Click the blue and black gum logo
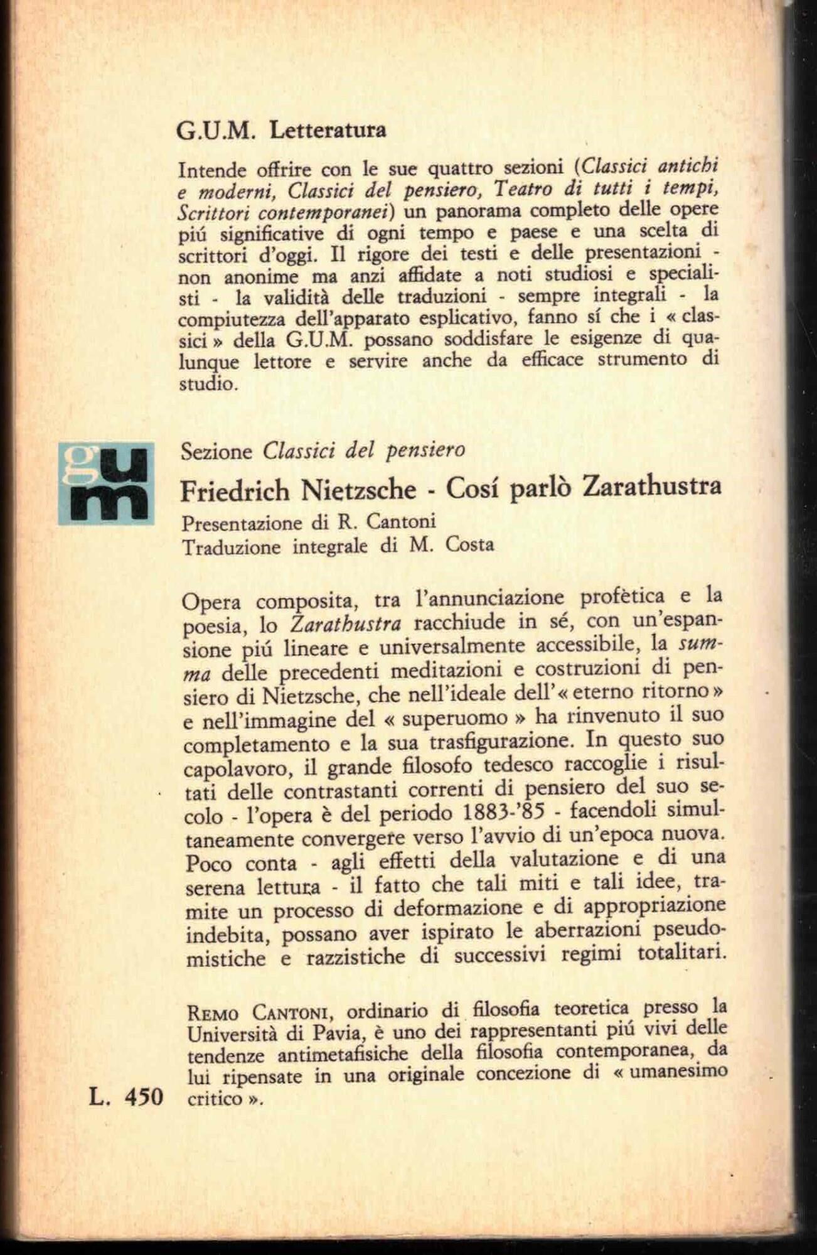click(x=105, y=484)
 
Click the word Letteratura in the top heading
click(x=327, y=131)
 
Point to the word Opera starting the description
click(x=211, y=601)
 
